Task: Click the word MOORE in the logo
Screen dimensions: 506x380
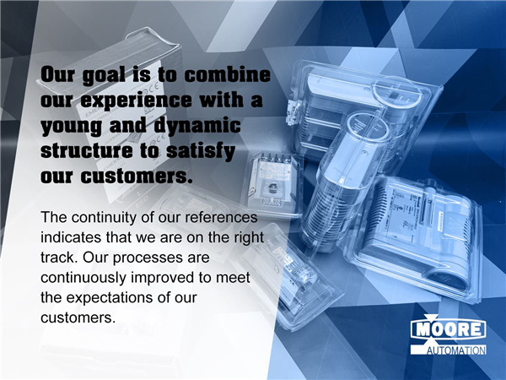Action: pos(449,329)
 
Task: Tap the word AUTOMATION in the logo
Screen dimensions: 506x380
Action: pos(456,350)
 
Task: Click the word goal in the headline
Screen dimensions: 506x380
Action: pos(104,76)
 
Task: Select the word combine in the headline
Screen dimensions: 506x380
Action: pos(227,74)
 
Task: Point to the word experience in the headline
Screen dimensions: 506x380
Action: pos(136,100)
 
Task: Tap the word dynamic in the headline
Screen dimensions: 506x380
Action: pos(197,126)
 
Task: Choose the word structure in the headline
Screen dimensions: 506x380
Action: pos(87,150)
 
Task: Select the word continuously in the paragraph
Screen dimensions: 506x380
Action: pos(83,279)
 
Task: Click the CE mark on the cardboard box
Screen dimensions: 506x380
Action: pos(153,87)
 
